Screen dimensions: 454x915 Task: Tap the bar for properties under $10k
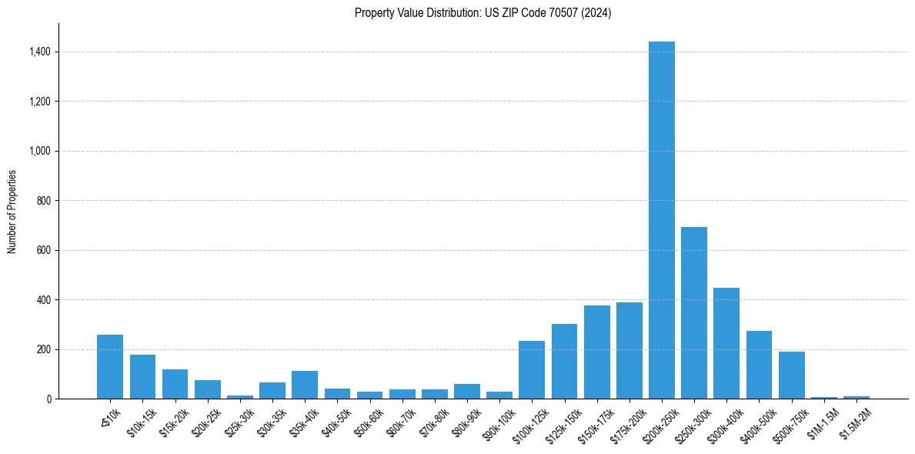coord(110,367)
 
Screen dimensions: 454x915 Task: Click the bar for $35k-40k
coord(305,385)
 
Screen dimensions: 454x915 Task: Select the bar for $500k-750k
coord(791,376)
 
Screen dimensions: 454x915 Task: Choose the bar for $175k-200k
coord(629,351)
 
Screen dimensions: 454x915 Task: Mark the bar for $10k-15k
coord(142,377)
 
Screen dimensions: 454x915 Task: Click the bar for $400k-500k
coord(759,365)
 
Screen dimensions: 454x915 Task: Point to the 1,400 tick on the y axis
coord(40,52)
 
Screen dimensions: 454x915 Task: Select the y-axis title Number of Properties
coord(12,211)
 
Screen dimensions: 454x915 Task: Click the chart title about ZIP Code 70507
coord(483,13)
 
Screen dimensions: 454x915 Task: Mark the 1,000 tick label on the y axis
coord(40,152)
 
